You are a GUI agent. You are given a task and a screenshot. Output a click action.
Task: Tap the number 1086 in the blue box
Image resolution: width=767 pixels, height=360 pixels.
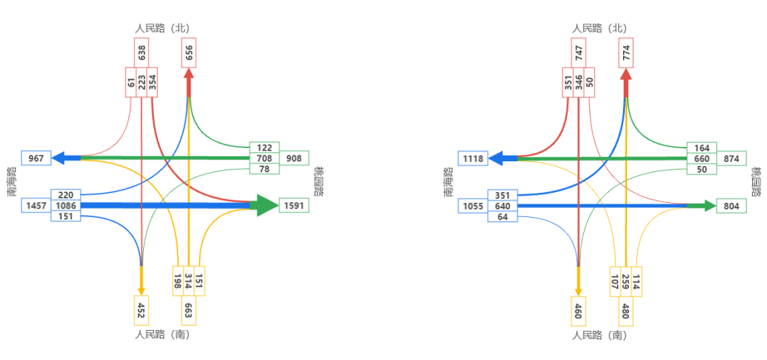66,205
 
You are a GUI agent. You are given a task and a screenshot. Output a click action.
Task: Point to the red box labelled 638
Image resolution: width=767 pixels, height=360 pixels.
142,52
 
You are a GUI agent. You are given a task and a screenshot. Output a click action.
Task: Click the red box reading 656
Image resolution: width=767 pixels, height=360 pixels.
190,52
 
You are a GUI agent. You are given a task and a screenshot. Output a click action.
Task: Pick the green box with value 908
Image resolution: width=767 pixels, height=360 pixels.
294,158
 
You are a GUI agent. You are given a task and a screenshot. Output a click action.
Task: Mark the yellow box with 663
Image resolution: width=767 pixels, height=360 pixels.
189,311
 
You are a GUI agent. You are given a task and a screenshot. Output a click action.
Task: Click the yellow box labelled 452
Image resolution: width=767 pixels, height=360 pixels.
141,311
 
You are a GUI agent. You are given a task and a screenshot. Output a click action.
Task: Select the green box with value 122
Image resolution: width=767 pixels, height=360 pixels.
265,147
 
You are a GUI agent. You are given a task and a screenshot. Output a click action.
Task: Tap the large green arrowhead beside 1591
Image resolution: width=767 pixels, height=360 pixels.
266,205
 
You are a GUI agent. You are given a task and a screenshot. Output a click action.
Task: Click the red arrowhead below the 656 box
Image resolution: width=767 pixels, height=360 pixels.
189,74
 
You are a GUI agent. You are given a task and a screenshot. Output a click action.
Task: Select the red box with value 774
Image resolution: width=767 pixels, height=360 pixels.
626,52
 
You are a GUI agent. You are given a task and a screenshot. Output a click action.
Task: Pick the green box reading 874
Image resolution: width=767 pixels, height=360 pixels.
731,158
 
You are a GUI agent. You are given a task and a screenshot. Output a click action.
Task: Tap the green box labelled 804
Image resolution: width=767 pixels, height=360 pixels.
731,205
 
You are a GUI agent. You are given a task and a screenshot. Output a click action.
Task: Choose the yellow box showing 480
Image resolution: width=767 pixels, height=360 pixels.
626,311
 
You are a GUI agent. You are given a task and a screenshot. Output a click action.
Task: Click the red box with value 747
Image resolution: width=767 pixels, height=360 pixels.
579,52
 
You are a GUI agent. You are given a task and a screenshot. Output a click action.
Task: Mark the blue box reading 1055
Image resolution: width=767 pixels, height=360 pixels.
473,205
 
